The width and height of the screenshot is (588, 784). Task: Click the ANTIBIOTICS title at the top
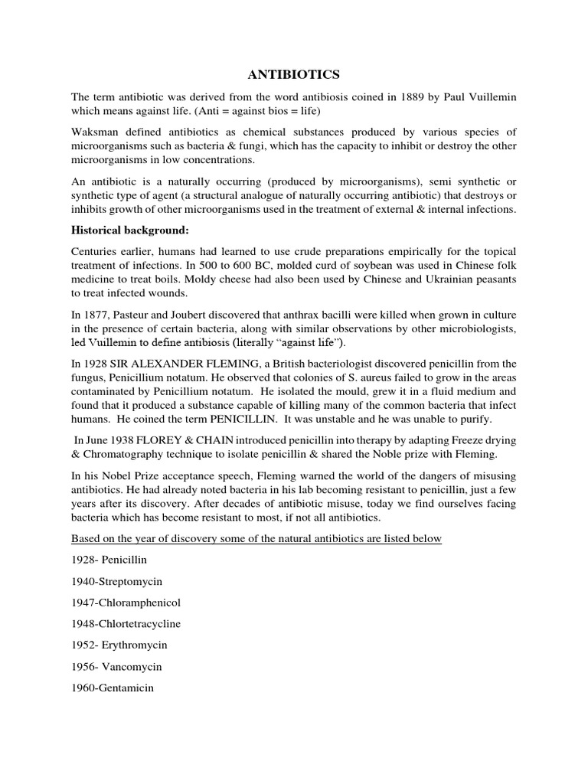pyautogui.click(x=293, y=74)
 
